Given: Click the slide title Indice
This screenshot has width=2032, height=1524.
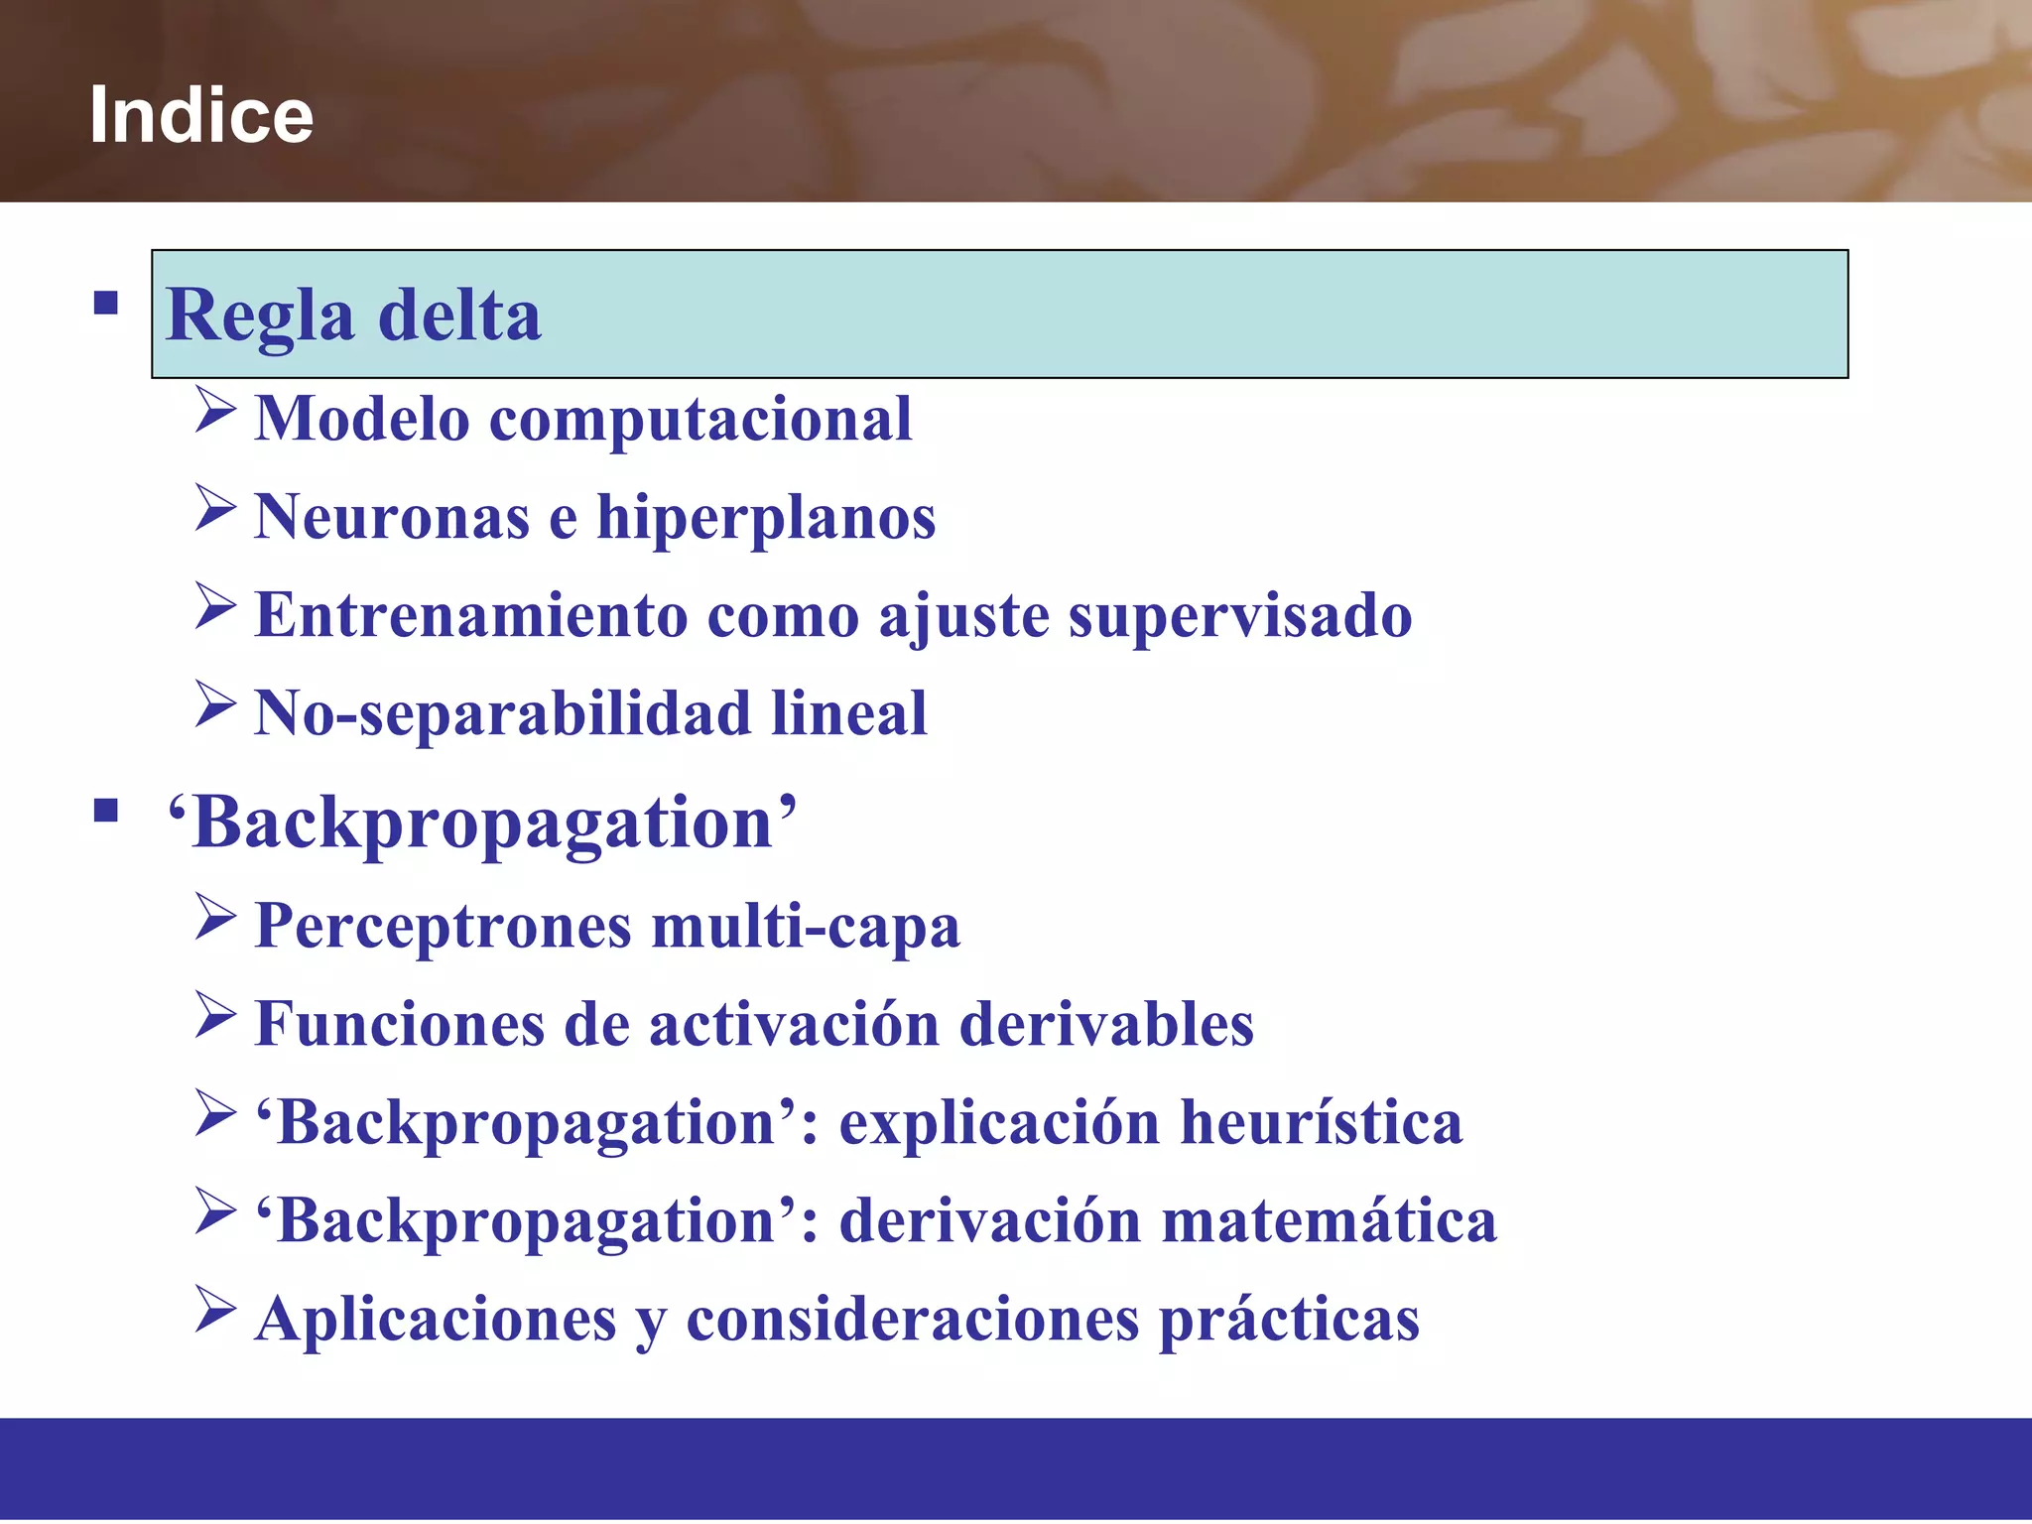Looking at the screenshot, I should pyautogui.click(x=201, y=115).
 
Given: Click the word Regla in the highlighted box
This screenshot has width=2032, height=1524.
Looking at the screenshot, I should pyautogui.click(x=260, y=317).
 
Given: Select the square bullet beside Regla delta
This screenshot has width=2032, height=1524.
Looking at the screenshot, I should pyautogui.click(x=106, y=303).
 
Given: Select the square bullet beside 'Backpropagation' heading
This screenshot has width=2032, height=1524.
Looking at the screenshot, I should pyautogui.click(x=106, y=811).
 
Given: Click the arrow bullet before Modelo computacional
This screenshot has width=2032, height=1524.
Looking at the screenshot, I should pyautogui.click(x=215, y=410).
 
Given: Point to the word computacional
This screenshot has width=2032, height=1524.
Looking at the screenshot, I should pyautogui.click(x=700, y=420).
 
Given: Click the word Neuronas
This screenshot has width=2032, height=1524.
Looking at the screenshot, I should pyautogui.click(x=392, y=517).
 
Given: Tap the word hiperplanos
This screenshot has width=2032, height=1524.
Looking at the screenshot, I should pyautogui.click(x=765, y=519).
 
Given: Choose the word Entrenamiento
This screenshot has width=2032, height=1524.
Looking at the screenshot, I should pyautogui.click(x=471, y=615).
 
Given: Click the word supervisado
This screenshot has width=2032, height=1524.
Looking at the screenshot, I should pyautogui.click(x=1239, y=617).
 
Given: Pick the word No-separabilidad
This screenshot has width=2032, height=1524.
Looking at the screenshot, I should pyautogui.click(x=502, y=713).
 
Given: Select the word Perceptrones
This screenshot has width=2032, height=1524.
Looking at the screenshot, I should pyautogui.click(x=443, y=928).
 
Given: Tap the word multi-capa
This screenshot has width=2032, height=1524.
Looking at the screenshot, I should pyautogui.click(x=806, y=928).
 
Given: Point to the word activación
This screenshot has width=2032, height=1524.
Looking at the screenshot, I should pyautogui.click(x=794, y=1024).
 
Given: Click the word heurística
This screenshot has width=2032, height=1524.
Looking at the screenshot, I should pyautogui.click(x=1321, y=1122).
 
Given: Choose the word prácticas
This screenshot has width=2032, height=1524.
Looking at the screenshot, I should pyautogui.click(x=1289, y=1321).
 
